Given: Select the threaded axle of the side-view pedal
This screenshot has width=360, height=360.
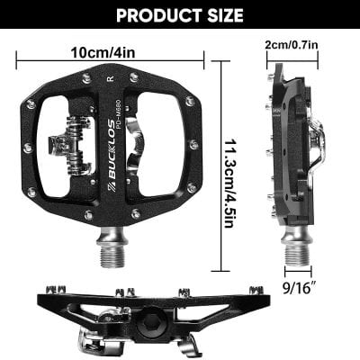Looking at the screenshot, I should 297,247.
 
